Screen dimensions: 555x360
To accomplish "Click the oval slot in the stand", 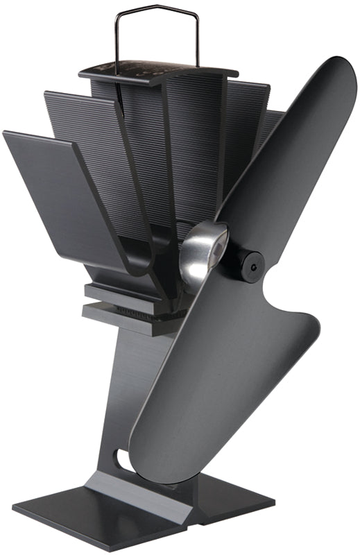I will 122,458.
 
